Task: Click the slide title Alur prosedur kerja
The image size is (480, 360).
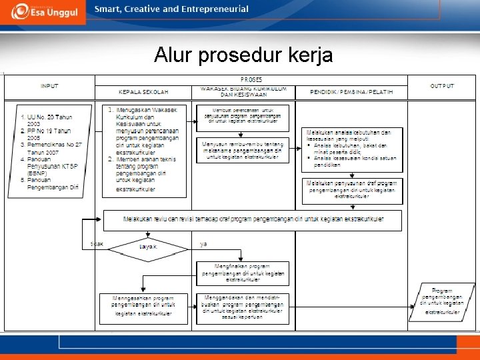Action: (x=243, y=55)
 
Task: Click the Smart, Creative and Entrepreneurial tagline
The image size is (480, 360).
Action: (x=171, y=9)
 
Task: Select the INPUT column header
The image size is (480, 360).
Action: (x=49, y=86)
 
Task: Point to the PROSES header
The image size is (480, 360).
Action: (x=251, y=79)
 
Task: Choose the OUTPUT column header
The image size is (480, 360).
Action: (x=442, y=86)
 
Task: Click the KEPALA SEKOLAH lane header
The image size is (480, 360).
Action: (x=143, y=91)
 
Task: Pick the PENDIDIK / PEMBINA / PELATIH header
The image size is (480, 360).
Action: (x=353, y=91)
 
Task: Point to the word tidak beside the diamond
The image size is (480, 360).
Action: (x=97, y=244)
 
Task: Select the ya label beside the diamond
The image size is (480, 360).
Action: (x=204, y=244)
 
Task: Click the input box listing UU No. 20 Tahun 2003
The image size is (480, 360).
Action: (x=49, y=150)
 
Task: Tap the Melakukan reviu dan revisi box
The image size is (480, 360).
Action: (x=253, y=219)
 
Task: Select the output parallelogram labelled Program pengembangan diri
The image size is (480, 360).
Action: (x=443, y=301)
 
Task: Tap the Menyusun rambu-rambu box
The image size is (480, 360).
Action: (x=243, y=151)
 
